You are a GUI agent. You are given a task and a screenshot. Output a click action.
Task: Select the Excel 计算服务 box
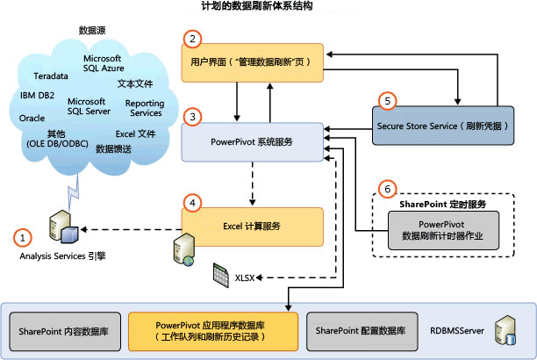click(x=251, y=226)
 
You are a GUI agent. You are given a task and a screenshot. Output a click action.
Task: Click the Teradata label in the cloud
click(x=51, y=76)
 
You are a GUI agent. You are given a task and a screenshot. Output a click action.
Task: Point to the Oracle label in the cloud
click(x=32, y=117)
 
